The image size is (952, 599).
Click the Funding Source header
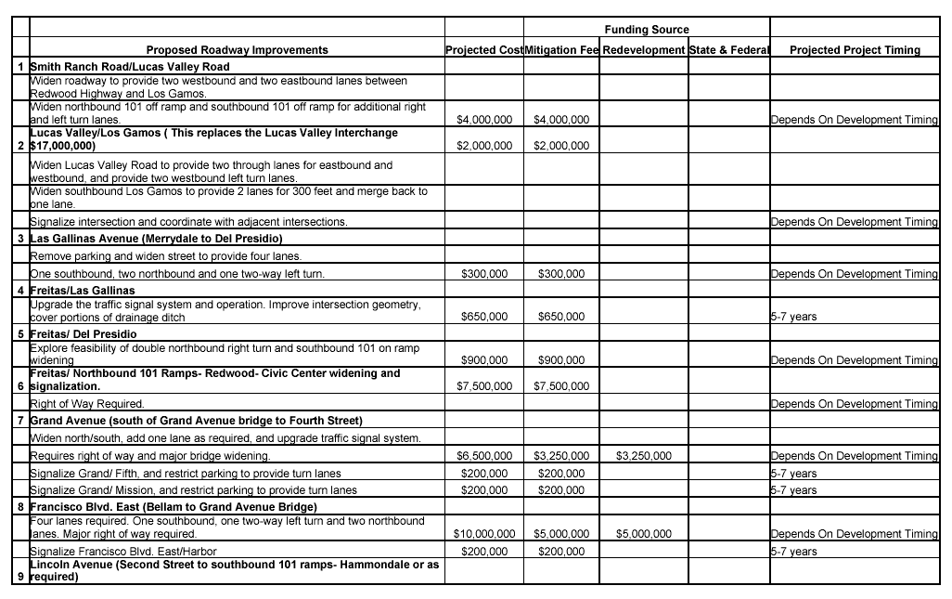click(647, 30)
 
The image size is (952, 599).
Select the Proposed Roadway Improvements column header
click(237, 50)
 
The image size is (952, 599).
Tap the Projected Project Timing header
click(855, 50)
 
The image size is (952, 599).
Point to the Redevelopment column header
click(644, 50)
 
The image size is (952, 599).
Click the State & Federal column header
click(729, 50)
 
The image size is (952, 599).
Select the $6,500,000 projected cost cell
click(484, 456)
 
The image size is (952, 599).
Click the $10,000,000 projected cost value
click(484, 534)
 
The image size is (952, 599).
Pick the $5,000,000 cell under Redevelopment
click(644, 534)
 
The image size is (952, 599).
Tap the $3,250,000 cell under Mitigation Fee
click(561, 456)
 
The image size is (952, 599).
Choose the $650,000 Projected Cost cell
click(484, 317)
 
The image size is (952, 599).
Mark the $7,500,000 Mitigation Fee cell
click(561, 386)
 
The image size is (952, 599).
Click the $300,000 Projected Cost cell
click(484, 274)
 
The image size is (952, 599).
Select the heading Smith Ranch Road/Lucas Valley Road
click(130, 67)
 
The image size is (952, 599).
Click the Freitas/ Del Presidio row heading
click(84, 333)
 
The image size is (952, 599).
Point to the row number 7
click(20, 421)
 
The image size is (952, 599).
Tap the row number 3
click(20, 239)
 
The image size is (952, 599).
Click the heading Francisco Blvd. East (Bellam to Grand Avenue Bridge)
click(174, 507)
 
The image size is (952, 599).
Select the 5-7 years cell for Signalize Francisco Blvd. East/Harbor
click(794, 552)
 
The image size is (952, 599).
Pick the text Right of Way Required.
click(87, 404)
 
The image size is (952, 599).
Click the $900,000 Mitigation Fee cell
click(561, 360)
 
